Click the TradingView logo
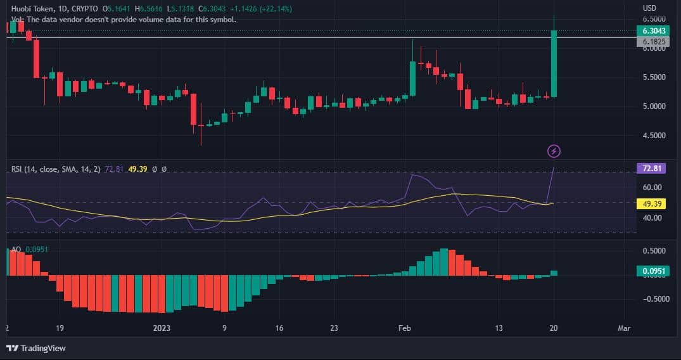tap(36, 348)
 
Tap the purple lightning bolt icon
tap(554, 151)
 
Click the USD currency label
tap(649, 8)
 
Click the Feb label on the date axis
tap(404, 328)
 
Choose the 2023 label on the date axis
tap(162, 328)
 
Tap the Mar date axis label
tap(624, 328)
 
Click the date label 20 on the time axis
tap(554, 328)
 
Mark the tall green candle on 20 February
tap(554, 63)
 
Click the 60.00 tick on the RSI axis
tap(652, 188)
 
